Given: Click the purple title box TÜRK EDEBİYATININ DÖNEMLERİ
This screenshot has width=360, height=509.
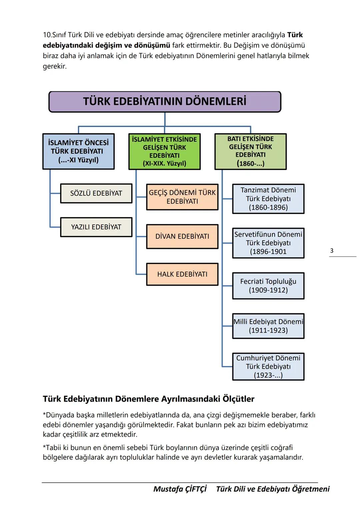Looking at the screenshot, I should tap(165, 101).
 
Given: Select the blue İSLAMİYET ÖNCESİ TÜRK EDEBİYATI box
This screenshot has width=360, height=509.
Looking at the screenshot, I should tap(78, 151).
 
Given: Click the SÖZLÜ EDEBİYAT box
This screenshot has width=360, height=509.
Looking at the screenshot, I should tap(96, 193).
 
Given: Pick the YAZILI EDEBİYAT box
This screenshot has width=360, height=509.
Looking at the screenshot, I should tap(96, 227).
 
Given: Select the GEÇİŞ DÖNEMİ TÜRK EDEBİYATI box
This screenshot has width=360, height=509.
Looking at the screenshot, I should tap(182, 197).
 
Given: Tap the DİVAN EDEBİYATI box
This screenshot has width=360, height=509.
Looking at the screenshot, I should tap(182, 236).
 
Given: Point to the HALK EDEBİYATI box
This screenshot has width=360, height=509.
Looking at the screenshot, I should tap(182, 274).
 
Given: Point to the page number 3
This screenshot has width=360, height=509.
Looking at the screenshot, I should tap(331, 251).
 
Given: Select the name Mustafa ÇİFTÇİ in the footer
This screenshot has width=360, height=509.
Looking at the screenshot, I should tap(180, 489).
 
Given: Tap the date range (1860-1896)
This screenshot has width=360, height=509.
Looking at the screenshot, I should tap(268, 207).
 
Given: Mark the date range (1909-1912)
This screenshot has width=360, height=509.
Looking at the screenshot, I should tap(268, 290).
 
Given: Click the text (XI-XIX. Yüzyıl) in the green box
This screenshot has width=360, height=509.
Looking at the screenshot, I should tap(164, 164).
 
